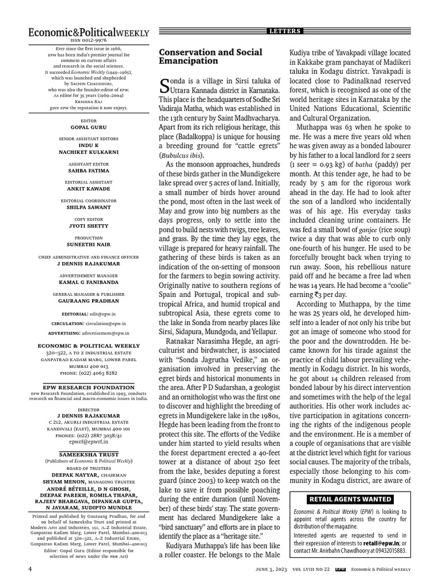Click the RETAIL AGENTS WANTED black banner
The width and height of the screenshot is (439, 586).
pyautogui.click(x=351, y=499)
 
